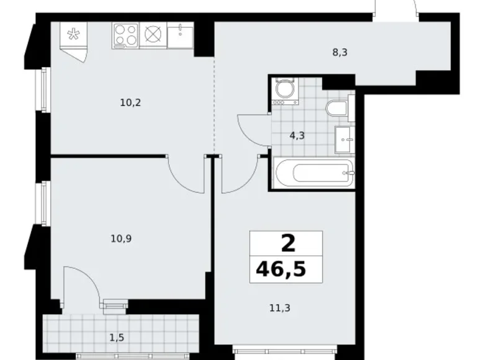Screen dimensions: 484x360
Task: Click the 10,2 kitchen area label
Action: click(130, 102)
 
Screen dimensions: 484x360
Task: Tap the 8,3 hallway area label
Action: click(340, 53)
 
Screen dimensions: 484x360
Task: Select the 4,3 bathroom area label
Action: click(297, 135)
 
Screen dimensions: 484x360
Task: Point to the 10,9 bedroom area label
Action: click(121, 239)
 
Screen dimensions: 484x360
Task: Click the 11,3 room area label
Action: click(280, 308)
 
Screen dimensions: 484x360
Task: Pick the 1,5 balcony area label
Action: click(117, 338)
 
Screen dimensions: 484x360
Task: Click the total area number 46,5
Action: click(281, 269)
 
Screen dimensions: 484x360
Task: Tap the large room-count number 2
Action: click(289, 243)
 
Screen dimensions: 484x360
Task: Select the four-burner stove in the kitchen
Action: click(125, 35)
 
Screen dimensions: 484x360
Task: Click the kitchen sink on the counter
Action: click(181, 35)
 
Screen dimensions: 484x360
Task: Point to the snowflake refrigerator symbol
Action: click(74, 34)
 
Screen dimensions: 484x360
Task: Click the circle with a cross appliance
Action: click(153, 35)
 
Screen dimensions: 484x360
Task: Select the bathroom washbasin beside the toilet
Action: click(344, 140)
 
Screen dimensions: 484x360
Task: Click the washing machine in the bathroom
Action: click(285, 91)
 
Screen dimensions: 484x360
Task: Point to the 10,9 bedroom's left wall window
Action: click(45, 203)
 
